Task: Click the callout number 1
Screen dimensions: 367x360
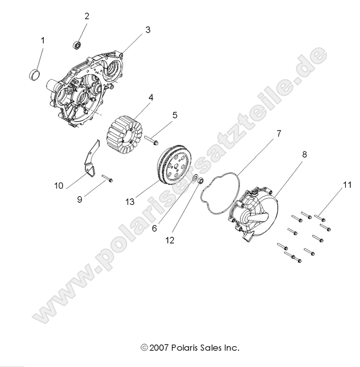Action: pos(43,40)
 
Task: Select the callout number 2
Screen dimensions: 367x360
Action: pos(87,16)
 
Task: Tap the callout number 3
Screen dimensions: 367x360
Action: pos(148,30)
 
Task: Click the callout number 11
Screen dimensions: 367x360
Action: pos(347,186)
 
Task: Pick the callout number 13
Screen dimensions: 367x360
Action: pos(130,202)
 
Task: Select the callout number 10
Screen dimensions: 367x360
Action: pos(59,186)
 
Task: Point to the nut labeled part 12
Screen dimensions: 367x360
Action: pos(201,181)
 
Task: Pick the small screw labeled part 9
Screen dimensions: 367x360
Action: pos(107,178)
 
